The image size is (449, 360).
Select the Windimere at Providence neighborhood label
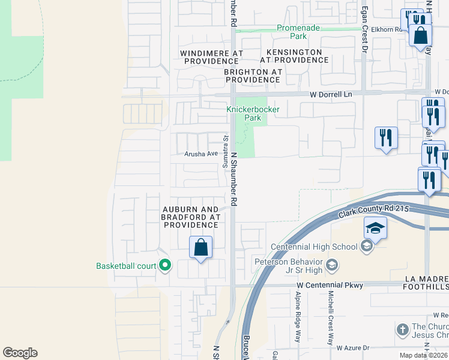pos(211,57)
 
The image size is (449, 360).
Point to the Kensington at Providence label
pos(295,56)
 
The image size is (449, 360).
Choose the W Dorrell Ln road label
pos(331,94)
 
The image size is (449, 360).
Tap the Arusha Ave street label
pos(201,154)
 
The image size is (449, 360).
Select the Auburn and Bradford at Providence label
pos(190,217)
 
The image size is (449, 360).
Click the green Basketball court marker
pos(164,265)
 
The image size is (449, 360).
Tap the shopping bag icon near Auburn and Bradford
pos(201,248)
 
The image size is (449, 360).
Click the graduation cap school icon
pos(375,229)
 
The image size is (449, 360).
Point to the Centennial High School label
pos(314,247)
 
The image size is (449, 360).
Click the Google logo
pos(20,353)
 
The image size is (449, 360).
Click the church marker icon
pos(403,329)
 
